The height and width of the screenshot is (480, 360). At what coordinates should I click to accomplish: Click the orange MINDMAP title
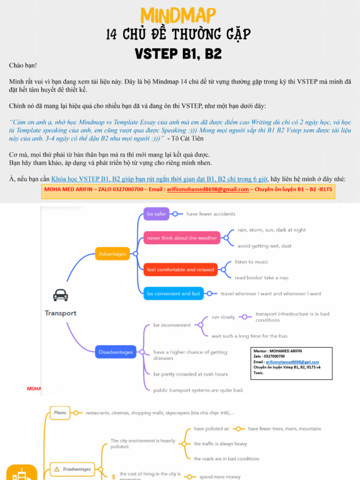tap(180, 15)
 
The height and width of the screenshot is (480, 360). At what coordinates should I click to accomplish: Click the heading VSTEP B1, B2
tap(178, 53)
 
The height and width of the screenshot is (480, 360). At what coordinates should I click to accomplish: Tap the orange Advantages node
tap(112, 254)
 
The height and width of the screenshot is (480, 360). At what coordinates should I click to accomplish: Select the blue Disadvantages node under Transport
tap(115, 352)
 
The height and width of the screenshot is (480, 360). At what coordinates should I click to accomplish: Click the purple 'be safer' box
tap(156, 214)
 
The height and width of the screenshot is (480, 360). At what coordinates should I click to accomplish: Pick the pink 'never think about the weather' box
tap(182, 238)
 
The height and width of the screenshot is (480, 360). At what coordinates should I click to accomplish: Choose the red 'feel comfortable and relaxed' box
tap(180, 270)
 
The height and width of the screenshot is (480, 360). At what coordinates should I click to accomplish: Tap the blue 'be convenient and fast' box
tap(173, 293)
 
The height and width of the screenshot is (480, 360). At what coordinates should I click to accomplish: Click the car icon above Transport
tap(60, 295)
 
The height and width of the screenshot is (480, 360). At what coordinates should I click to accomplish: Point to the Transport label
tap(60, 313)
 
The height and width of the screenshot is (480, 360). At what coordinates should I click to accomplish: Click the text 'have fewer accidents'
tap(211, 214)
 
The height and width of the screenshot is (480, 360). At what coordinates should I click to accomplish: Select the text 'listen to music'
tap(252, 262)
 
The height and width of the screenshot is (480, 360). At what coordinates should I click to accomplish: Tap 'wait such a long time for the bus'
tap(249, 336)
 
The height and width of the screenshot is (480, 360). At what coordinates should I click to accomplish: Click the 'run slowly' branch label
tap(223, 317)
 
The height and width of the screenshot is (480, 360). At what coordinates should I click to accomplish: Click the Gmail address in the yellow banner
tap(215, 189)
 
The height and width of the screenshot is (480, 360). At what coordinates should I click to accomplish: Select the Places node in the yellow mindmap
tap(60, 413)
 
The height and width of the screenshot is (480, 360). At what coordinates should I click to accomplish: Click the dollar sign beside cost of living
tap(113, 477)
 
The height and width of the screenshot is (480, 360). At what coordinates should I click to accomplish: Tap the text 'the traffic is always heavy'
tap(220, 443)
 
